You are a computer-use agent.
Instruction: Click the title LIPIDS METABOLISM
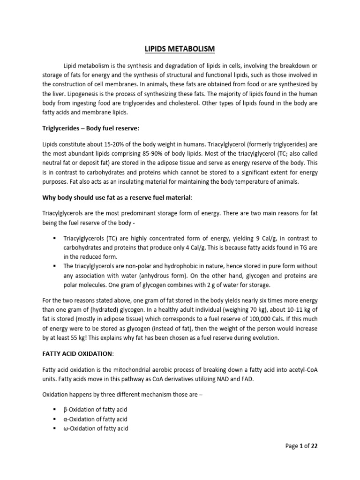click(x=180, y=49)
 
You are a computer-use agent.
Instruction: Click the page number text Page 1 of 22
click(x=301, y=446)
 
